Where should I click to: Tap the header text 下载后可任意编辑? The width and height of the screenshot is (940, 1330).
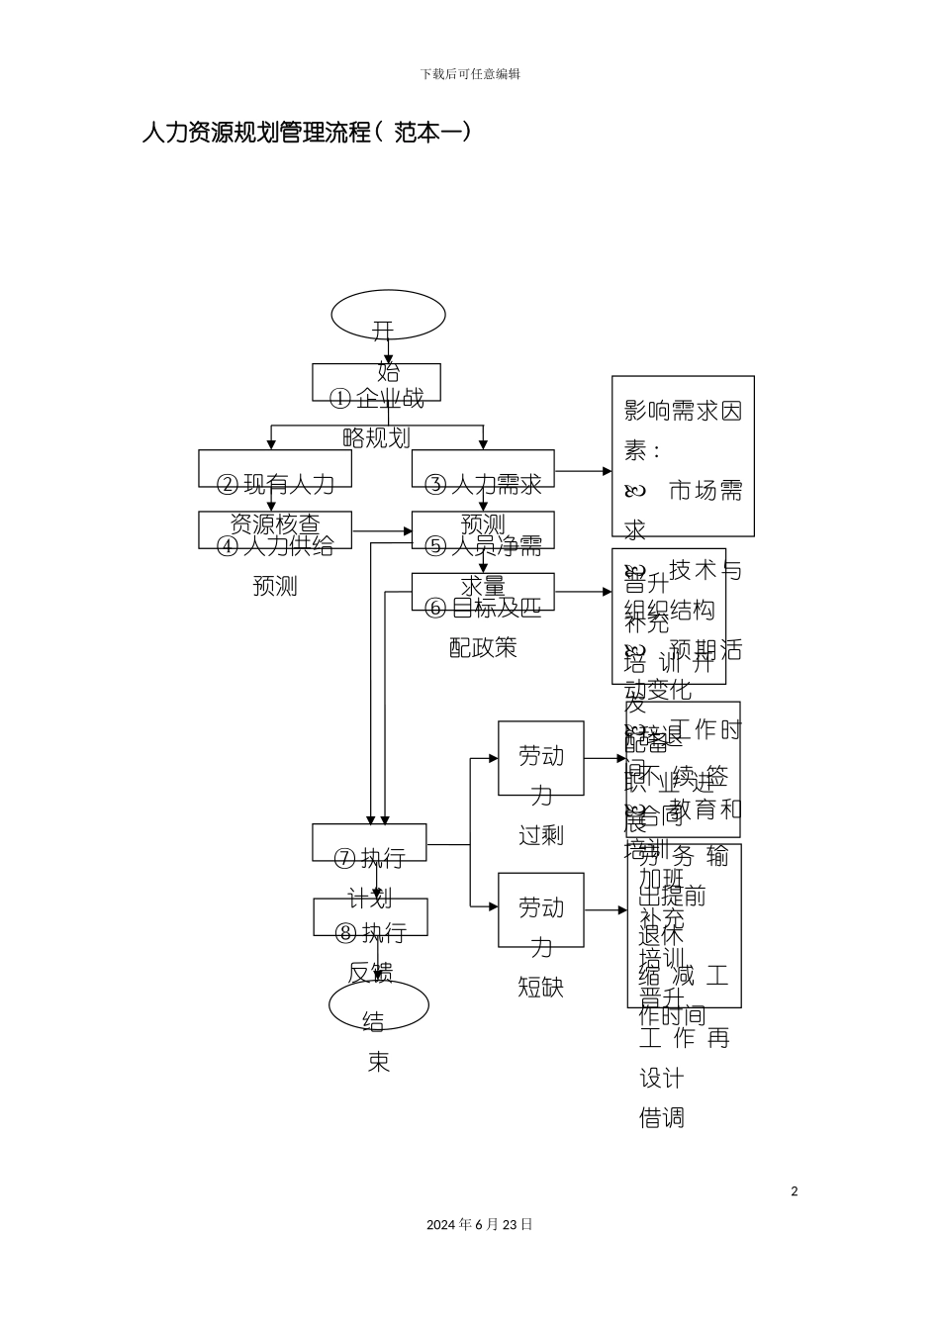tap(470, 74)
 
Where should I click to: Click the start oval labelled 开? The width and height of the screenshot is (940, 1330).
tap(388, 316)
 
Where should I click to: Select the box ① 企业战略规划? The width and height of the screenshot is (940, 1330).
tap(376, 383)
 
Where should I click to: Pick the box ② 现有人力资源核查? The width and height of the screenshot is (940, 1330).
tap(275, 469)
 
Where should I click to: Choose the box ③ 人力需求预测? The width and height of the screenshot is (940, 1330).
tap(483, 469)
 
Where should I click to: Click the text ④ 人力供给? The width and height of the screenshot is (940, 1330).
tap(275, 545)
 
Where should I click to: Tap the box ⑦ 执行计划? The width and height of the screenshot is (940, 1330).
tap(369, 843)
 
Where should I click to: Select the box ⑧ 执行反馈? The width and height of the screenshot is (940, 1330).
tap(370, 917)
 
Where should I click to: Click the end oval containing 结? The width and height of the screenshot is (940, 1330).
tap(379, 1006)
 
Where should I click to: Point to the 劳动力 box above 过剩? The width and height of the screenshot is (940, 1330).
tap(540, 759)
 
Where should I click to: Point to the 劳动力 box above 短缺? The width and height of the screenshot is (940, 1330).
tap(540, 910)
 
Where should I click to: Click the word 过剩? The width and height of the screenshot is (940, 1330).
tap(541, 835)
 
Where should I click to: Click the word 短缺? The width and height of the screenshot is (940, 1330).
tap(541, 987)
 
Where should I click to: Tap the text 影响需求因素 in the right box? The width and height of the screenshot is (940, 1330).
tap(683, 412)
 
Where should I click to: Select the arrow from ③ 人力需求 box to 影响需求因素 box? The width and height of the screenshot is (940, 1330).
tap(584, 472)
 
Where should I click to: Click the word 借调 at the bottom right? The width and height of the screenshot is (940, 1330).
tap(663, 1118)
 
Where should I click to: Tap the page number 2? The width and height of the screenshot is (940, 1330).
tap(794, 1191)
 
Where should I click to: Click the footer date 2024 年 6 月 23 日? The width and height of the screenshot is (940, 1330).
tap(480, 1225)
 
